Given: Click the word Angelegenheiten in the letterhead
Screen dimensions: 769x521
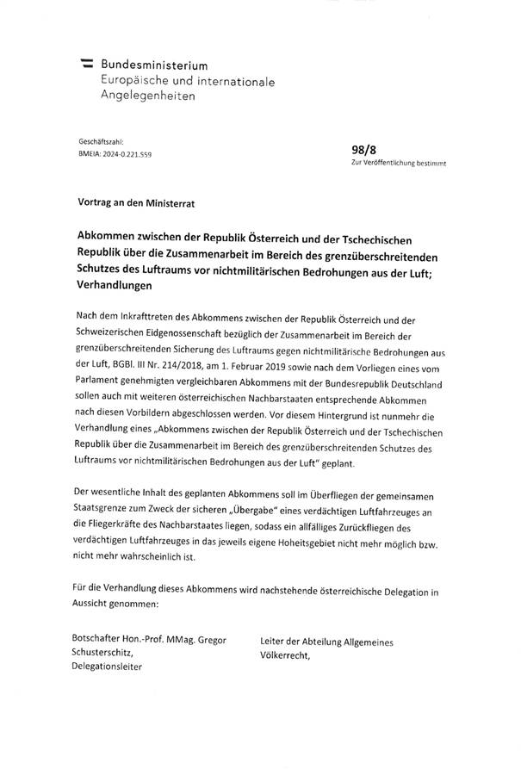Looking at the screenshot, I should coord(148,96).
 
